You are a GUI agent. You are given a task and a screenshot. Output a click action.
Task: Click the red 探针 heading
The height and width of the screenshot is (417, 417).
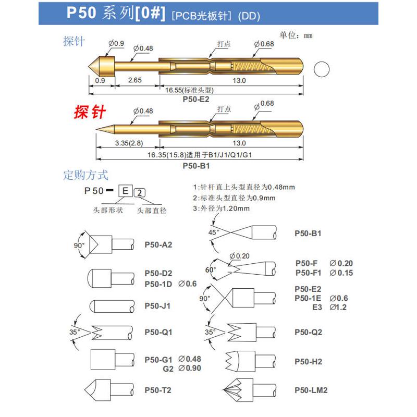coord(90,112)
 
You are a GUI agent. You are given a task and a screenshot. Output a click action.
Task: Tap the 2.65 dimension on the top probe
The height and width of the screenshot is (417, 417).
coord(134,81)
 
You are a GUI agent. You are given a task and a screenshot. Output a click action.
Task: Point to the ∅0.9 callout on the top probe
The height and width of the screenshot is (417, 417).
coord(116,44)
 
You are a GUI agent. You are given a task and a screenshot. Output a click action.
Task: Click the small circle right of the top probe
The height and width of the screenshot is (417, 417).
coord(322,69)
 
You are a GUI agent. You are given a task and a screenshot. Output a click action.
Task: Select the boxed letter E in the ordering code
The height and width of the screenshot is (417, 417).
coord(125,190)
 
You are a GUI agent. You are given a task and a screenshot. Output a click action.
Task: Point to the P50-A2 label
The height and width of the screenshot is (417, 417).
coord(158,244)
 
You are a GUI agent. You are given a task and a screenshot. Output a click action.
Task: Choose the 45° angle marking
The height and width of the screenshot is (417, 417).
coord(213,232)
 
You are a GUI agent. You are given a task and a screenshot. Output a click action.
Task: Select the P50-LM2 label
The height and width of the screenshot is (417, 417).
coord(311,389)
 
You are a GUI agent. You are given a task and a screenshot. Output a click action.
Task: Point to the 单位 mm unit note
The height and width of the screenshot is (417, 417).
coord(296,35)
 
